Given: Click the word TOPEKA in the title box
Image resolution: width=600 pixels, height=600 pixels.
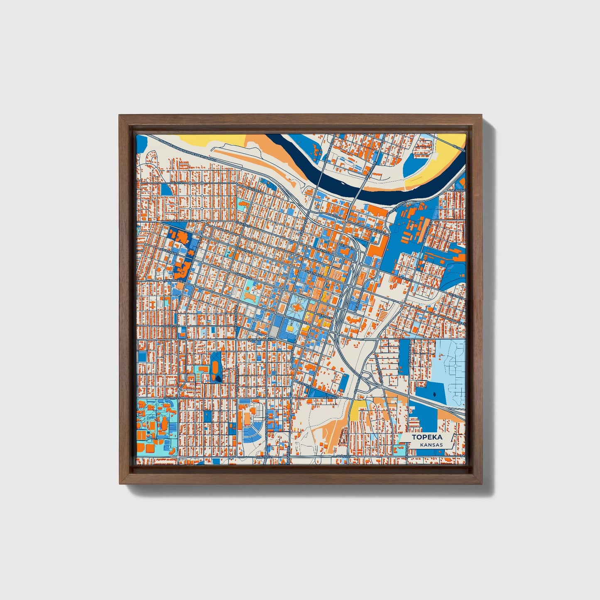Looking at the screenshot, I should pos(427,437).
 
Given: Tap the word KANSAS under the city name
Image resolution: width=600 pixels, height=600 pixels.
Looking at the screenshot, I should pos(431,445).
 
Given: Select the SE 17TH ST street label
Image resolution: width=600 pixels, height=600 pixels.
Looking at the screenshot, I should pos(331,398).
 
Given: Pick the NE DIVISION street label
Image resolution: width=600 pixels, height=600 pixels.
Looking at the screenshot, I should pos(459,190).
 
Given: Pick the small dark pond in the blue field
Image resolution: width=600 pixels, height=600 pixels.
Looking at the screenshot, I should pos(434,394).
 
